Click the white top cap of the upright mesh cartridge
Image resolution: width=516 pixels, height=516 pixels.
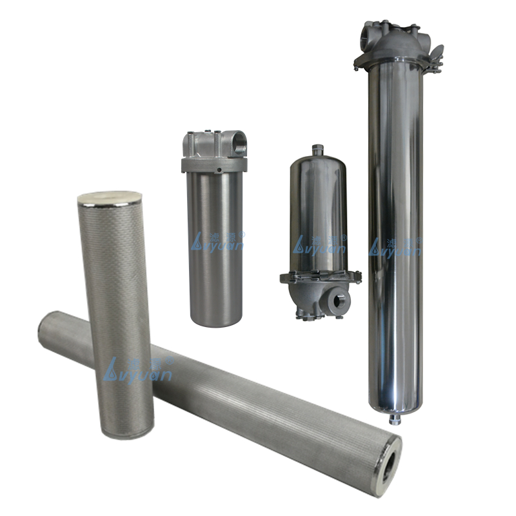tap(103, 197)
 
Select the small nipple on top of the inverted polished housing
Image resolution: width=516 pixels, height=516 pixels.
tap(315, 150)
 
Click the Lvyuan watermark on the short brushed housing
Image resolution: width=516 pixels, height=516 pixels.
tap(217, 242)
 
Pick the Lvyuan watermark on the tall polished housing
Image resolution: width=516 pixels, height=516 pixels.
tap(395, 246)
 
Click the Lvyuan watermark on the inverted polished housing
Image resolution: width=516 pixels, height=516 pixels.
tap(320, 244)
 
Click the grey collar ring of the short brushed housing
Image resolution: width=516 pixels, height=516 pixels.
tap(213, 165)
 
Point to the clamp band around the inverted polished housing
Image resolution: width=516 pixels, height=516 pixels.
tap(319, 278)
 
